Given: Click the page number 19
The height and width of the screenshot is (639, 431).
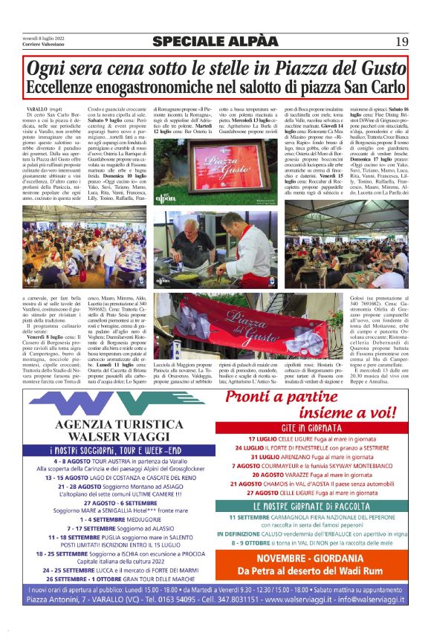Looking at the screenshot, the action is coord(401,41).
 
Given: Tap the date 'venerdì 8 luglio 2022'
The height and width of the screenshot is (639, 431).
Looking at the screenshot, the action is coord(43,36).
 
